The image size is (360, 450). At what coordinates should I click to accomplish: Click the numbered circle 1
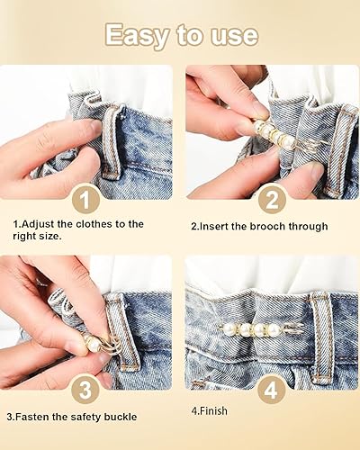click(x=85, y=198)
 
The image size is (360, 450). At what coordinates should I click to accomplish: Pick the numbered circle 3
click(x=85, y=389)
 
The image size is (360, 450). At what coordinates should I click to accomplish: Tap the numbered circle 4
click(x=271, y=389)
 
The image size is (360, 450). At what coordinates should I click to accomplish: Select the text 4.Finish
click(x=209, y=410)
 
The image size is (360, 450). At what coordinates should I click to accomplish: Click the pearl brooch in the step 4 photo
click(x=257, y=330)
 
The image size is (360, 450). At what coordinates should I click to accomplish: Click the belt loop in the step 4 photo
click(x=321, y=336)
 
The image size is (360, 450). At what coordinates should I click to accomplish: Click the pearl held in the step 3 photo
click(x=93, y=345)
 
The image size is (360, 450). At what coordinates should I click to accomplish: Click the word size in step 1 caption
click(x=50, y=236)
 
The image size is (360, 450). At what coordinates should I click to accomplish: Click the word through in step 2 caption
click(x=308, y=227)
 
